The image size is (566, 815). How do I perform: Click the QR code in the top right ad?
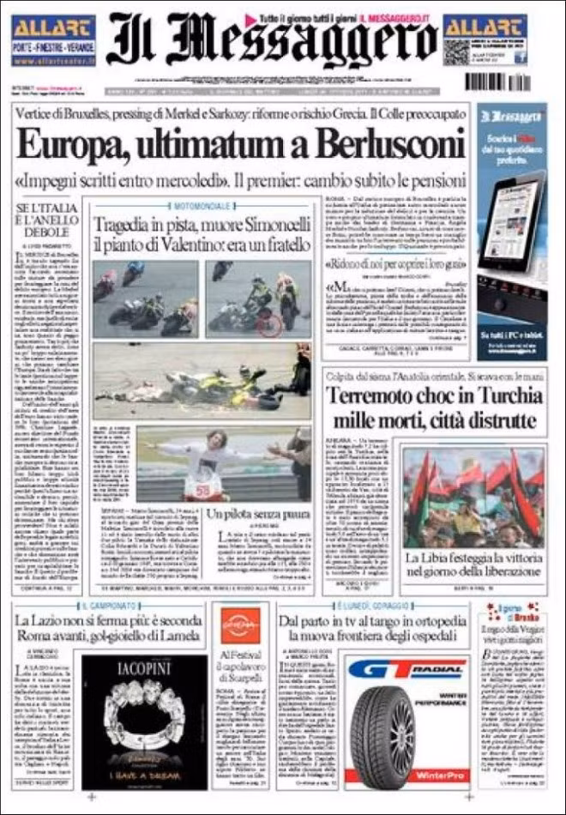[x=456, y=51]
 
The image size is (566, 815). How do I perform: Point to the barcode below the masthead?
[x=497, y=82]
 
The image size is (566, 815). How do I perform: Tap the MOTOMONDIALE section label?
[x=202, y=207]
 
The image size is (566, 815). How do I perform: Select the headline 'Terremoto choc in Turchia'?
[x=434, y=397]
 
